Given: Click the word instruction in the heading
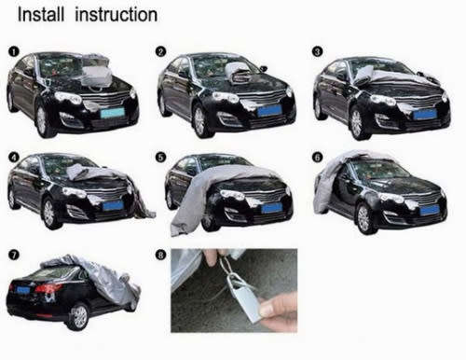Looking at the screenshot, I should click(x=115, y=16).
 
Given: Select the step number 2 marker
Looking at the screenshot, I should click(x=160, y=51).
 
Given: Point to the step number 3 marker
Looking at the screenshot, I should click(x=317, y=51).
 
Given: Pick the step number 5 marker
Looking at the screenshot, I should click(x=160, y=157).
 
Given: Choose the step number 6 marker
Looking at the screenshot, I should click(x=317, y=157).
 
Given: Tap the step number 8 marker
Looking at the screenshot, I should click(x=160, y=254).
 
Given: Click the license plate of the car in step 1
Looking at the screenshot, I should click(x=114, y=113).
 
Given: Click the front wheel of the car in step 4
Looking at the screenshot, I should click(x=48, y=214).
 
